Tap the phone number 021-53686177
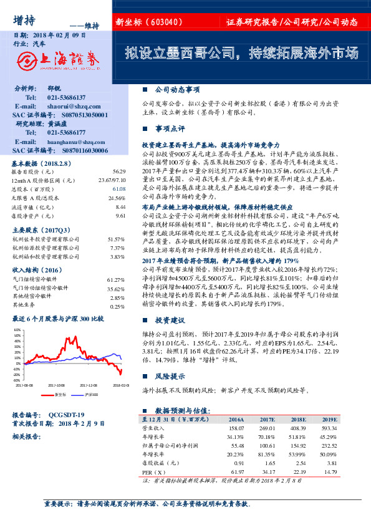click(63, 133)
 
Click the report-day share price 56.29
click(118, 171)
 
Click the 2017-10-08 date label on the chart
click(56, 386)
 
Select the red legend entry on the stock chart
click(56, 395)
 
